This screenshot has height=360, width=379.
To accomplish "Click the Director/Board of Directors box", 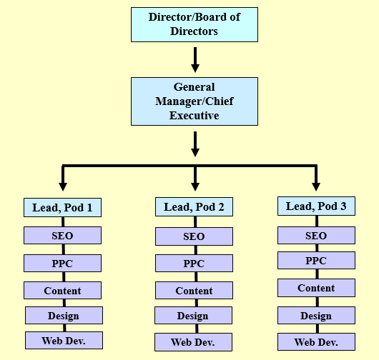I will [194, 24].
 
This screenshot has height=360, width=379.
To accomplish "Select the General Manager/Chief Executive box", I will [194, 101].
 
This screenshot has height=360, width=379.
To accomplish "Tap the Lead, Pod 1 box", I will [62, 208].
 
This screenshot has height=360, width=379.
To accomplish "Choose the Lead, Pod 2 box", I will [194, 207].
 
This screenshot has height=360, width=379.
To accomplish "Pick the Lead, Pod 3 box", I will [316, 206].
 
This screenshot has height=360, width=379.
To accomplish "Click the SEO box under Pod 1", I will [62, 236].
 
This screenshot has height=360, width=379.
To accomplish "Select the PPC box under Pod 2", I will [194, 264].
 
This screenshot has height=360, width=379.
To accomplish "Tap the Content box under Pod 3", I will [316, 288].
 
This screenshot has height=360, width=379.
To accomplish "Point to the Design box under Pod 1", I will [64, 315].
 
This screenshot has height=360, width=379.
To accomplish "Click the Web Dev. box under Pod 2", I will [194, 342].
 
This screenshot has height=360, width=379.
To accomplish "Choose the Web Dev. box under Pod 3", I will [316, 342].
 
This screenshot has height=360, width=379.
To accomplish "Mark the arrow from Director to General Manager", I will [195, 59].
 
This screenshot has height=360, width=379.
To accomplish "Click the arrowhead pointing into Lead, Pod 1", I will [63, 186].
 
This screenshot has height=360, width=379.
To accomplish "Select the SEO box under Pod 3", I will [316, 236].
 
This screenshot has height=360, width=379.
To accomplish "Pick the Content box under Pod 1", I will [62, 291].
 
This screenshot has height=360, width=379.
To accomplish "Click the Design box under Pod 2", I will [194, 316].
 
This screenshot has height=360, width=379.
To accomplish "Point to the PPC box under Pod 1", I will [62, 264].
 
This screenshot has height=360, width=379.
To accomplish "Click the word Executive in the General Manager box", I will [194, 114].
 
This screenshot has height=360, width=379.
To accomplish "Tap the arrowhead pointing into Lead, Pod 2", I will [195, 186].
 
